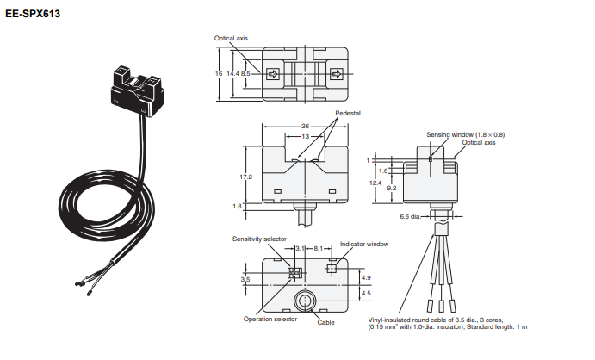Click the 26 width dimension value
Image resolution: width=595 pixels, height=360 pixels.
(305, 127)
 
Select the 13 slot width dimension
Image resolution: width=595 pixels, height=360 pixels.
(305, 136)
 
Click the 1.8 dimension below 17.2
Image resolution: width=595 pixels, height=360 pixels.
(238, 206)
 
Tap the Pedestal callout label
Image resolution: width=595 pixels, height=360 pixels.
(347, 114)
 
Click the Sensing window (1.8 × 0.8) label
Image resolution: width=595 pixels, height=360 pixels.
(465, 134)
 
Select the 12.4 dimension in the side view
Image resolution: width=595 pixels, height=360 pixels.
(375, 183)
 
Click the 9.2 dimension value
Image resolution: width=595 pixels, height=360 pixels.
(392, 187)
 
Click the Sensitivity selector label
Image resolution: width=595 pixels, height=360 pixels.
(259, 239)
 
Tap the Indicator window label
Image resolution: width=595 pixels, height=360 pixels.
(364, 244)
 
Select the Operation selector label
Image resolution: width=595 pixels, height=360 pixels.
(270, 319)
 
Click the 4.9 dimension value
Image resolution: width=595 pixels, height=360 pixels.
(365, 277)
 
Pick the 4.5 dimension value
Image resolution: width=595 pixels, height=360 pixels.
(365, 294)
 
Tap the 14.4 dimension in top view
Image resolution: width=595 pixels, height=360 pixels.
(232, 74)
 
